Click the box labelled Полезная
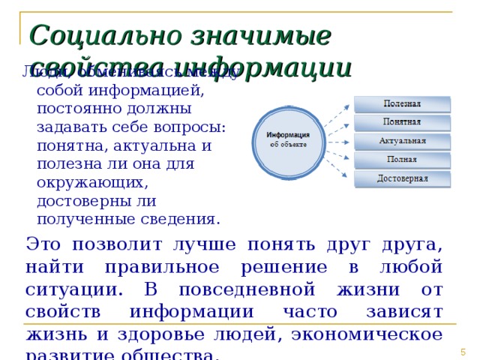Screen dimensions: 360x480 click(403, 103)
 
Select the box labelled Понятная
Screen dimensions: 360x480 click(403, 122)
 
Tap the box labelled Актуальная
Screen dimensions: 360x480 click(403, 141)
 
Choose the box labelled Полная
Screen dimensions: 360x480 click(403, 160)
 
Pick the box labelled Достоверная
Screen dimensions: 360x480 click(403, 178)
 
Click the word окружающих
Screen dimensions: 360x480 click(82, 182)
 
